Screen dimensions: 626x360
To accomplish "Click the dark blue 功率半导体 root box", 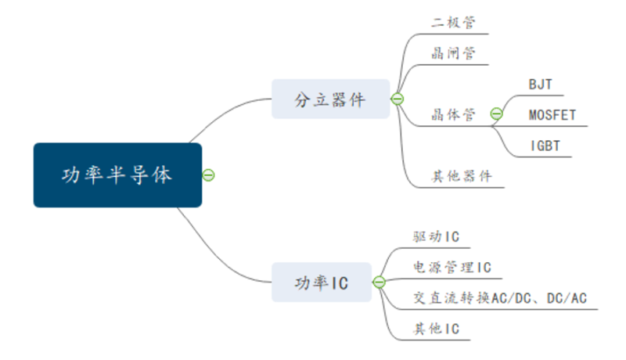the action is click(118, 175).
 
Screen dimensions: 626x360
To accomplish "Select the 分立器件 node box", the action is click(330, 99).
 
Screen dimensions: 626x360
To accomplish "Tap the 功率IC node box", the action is click(322, 283).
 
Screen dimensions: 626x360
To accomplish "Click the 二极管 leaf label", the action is click(453, 23).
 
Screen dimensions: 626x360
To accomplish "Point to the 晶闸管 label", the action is click(453, 53).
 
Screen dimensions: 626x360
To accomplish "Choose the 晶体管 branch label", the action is click(453, 114).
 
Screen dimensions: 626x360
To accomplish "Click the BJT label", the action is click(541, 85).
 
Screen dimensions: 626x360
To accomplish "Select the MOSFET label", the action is click(552, 115).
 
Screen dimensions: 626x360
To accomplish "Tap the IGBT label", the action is click(545, 146).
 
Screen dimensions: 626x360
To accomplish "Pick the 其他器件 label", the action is click(461, 176).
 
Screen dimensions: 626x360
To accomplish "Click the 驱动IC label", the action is click(436, 236).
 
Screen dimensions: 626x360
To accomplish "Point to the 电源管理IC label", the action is click(452, 267).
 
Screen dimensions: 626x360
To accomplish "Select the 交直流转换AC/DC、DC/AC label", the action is click(500, 297).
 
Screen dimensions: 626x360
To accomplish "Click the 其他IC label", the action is click(436, 329).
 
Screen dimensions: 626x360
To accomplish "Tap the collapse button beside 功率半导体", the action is click(208, 175).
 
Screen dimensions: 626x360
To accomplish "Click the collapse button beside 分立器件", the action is click(398, 99).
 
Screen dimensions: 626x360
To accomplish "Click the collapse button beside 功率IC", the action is click(379, 283).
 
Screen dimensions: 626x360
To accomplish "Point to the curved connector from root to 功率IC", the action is click(218, 255).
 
